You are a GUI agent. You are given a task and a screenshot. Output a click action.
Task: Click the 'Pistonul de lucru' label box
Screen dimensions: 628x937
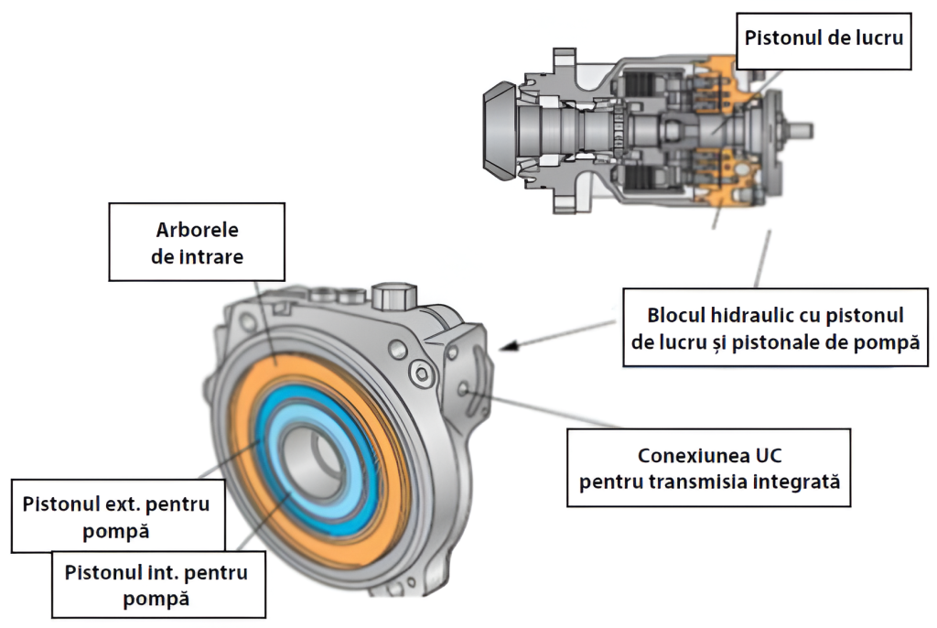coord(824,38)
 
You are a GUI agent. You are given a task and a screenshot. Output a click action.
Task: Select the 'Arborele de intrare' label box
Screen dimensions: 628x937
coord(197,243)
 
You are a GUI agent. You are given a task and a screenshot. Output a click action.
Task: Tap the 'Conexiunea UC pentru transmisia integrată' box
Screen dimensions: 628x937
coord(709,467)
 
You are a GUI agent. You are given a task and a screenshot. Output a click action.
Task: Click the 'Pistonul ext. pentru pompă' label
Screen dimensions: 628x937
coord(117,517)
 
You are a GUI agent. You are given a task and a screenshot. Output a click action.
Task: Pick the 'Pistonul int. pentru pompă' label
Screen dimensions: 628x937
coord(157,585)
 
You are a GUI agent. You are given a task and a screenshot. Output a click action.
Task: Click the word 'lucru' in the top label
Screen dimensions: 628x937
coord(878,38)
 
